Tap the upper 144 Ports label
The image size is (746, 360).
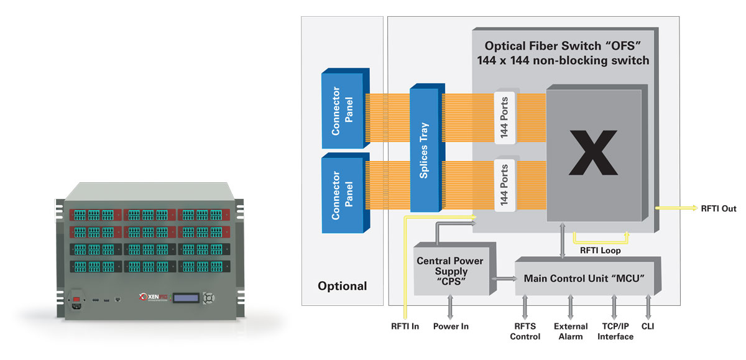(x=505, y=117)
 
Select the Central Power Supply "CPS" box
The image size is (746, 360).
(x=451, y=271)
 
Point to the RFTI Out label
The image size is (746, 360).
(x=718, y=209)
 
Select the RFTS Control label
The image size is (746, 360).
(x=525, y=331)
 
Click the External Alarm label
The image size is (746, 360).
(x=570, y=331)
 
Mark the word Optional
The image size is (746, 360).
(x=342, y=287)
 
